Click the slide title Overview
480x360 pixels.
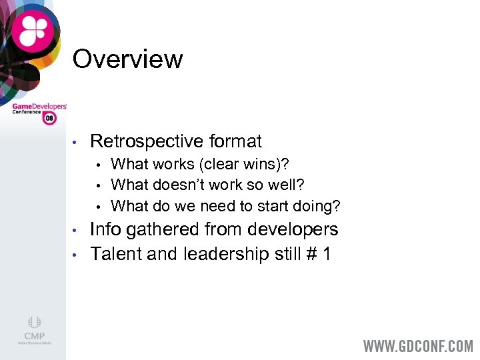pyautogui.click(x=127, y=59)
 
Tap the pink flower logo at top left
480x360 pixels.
pyautogui.click(x=33, y=29)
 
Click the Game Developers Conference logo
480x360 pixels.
pyautogui.click(x=39, y=110)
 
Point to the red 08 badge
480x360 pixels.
pyautogui.click(x=49, y=118)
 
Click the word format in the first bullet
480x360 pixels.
pyautogui.click(x=235, y=141)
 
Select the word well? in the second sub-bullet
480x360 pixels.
pyautogui.click(x=284, y=184)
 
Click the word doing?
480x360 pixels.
pyautogui.click(x=317, y=206)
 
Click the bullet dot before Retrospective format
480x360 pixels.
pyautogui.click(x=77, y=142)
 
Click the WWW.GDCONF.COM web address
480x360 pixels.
pyautogui.click(x=417, y=346)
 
